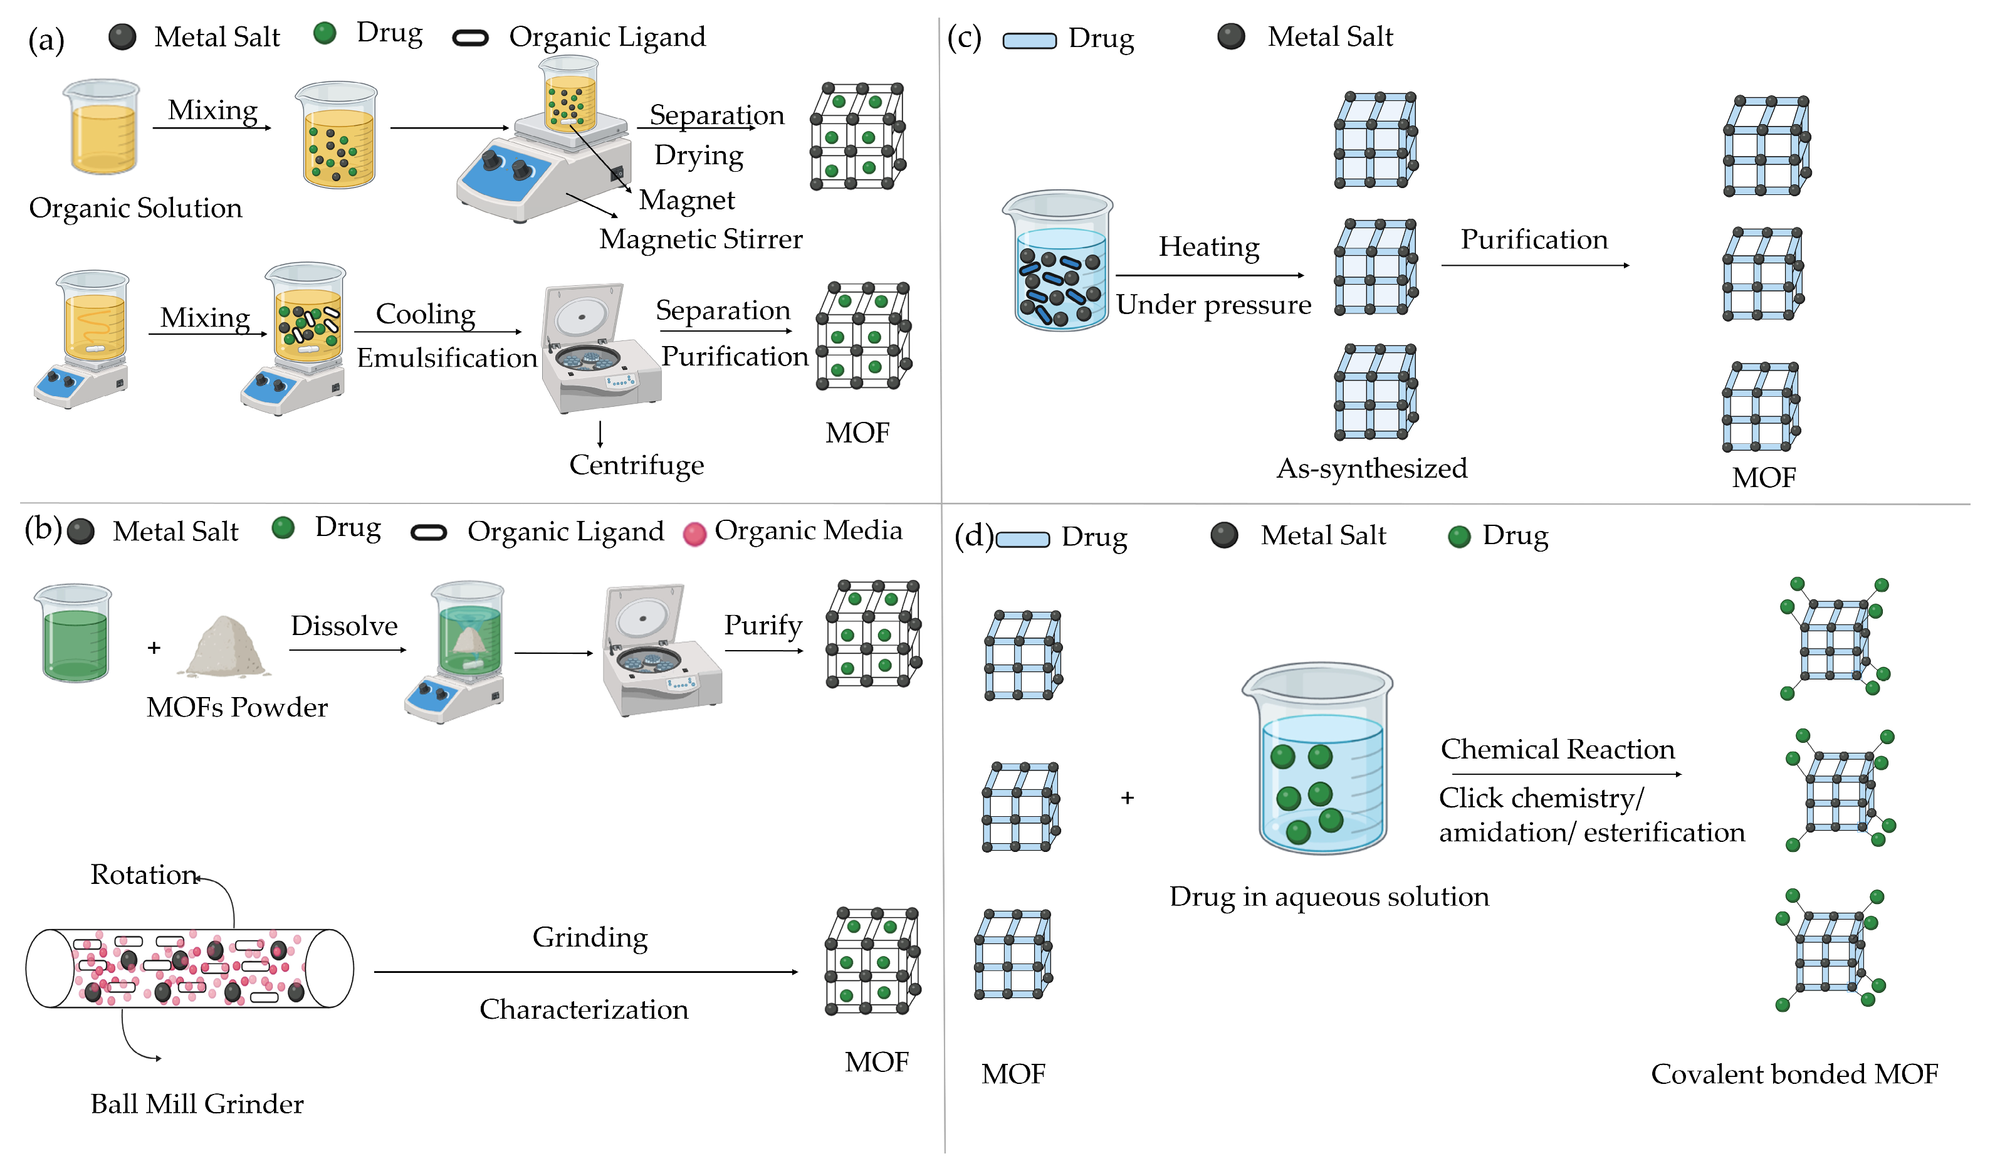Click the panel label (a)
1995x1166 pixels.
tap(46, 39)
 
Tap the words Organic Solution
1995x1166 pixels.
tap(135, 208)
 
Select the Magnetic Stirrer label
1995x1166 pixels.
tap(701, 239)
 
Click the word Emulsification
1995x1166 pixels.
tap(446, 358)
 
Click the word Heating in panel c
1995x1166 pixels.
tap(1209, 247)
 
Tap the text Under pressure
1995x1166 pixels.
tap(1213, 305)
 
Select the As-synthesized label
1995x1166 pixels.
tap(1371, 469)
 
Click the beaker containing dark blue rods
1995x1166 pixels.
tap(1059, 261)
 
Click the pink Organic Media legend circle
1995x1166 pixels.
tap(694, 534)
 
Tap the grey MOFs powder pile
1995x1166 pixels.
tap(226, 648)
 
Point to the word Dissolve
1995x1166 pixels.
tap(343, 626)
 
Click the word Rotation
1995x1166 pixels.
tap(144, 874)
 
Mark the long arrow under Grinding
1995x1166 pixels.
tap(586, 972)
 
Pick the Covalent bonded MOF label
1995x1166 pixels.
tap(1794, 1074)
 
